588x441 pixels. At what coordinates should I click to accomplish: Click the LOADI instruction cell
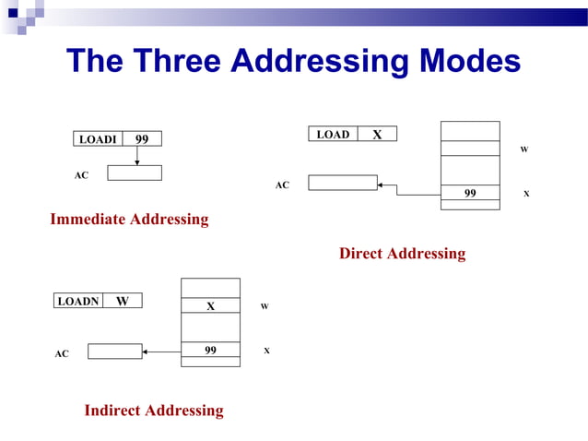(x=98, y=139)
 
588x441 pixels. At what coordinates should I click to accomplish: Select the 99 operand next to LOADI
(x=142, y=139)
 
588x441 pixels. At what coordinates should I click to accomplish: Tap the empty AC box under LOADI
(x=135, y=173)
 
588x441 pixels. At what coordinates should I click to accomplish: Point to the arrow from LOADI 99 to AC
(x=136, y=156)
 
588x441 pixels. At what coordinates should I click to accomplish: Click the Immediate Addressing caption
(x=129, y=220)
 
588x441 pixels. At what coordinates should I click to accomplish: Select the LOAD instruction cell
(x=333, y=135)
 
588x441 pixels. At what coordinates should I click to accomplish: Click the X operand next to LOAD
(x=377, y=135)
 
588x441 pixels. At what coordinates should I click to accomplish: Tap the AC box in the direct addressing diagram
(x=342, y=183)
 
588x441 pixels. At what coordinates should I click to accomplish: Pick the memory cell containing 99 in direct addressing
(x=470, y=194)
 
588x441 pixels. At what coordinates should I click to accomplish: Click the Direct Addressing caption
(x=402, y=254)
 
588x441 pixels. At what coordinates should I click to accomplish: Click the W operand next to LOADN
(x=122, y=301)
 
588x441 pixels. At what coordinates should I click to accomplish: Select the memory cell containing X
(x=210, y=305)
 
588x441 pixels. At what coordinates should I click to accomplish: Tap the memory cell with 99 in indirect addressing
(x=210, y=351)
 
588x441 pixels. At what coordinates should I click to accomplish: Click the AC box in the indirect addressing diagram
(x=115, y=352)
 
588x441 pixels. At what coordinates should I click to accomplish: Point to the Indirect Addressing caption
(x=154, y=411)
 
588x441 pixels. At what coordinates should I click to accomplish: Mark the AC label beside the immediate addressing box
(x=81, y=175)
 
